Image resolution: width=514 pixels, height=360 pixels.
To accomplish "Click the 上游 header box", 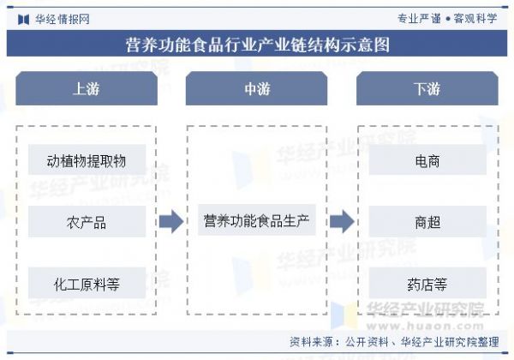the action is click(87, 88).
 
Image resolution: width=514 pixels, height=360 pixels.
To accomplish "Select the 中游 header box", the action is click(256, 88).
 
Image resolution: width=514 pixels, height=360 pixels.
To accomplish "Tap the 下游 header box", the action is click(427, 88).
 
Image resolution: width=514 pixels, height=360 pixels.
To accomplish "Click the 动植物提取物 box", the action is click(87, 159).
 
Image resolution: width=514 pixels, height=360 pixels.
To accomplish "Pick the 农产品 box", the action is click(87, 221).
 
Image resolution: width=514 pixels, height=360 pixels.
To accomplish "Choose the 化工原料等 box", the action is click(87, 283).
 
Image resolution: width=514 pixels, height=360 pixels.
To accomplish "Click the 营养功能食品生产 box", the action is click(257, 220).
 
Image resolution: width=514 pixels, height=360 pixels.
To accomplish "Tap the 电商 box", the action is click(427, 159).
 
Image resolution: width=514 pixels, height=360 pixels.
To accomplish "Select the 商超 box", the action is click(427, 221).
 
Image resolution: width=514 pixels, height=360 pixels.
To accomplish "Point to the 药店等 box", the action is click(427, 283).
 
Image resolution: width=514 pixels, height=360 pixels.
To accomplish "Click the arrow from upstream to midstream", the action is click(171, 222).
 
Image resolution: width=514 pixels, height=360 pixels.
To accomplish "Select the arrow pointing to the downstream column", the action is click(342, 222).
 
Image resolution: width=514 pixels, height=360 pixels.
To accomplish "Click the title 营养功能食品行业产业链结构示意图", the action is click(258, 45).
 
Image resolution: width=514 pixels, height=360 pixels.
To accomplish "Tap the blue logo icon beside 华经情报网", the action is click(24, 20).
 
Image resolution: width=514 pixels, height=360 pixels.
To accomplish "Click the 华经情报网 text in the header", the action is click(63, 19).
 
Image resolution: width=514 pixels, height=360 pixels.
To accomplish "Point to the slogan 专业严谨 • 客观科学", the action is click(447, 18).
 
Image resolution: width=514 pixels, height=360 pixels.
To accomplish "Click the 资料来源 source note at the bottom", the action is click(394, 342).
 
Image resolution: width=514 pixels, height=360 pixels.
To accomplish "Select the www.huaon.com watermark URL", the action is click(425, 326).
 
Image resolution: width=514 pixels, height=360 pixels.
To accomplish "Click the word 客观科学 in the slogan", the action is click(475, 18).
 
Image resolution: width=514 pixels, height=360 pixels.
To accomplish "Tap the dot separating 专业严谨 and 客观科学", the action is click(448, 19).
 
